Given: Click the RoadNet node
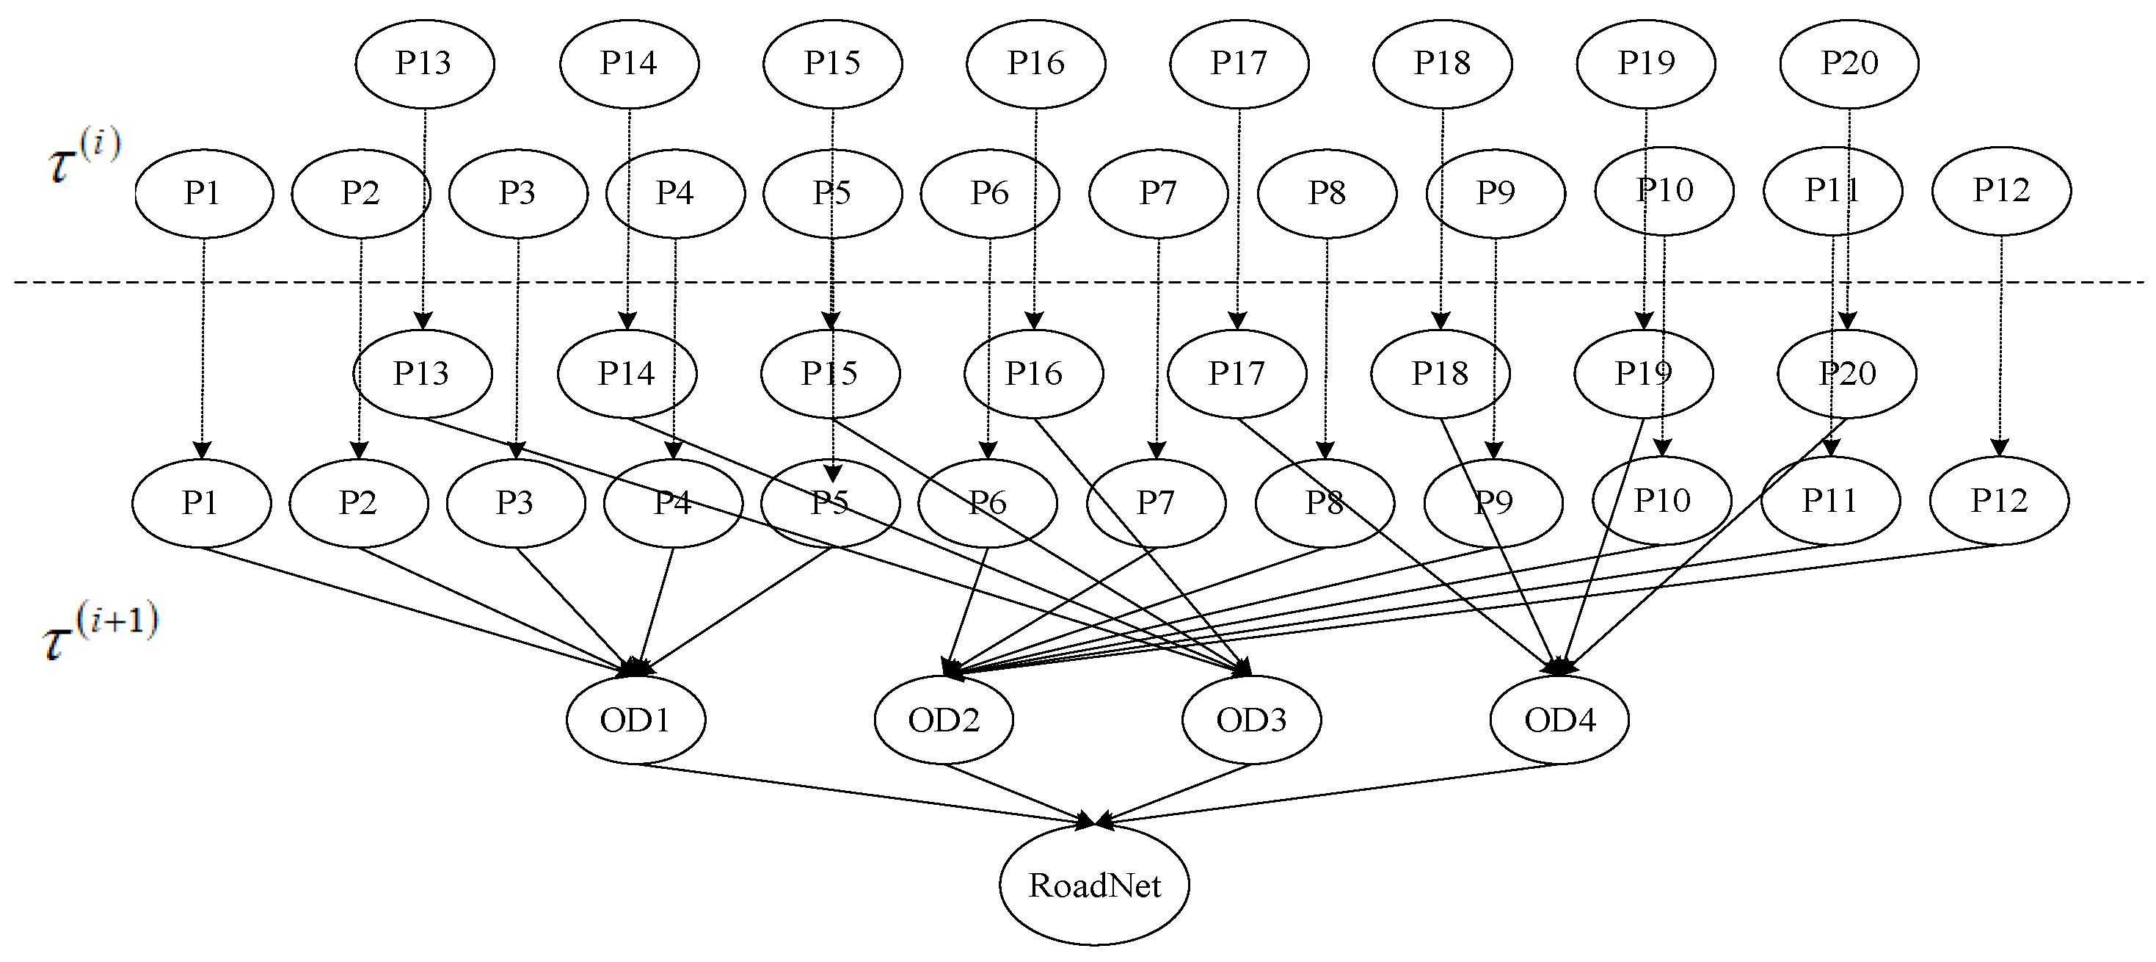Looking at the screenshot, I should (1094, 885).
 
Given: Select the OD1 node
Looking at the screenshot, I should (635, 719).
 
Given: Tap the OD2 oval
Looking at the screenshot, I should (943, 719).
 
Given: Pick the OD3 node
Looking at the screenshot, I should (1251, 719).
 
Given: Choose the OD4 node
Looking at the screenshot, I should (1559, 719).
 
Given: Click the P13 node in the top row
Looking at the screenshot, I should (424, 63).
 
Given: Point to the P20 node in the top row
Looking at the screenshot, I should (1849, 63).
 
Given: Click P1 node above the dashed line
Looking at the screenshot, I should (203, 192).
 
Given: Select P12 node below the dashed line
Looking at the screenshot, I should (1999, 501).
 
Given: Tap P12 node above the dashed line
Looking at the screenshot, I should (2001, 190).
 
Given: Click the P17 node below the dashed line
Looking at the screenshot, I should (1237, 373).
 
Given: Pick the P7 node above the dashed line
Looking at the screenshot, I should (1157, 192).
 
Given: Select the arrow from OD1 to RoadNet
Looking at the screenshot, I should (862, 794).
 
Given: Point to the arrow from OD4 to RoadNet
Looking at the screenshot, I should (1330, 794).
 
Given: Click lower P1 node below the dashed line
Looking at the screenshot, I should (201, 502).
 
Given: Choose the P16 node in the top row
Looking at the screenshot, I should (1035, 63).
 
